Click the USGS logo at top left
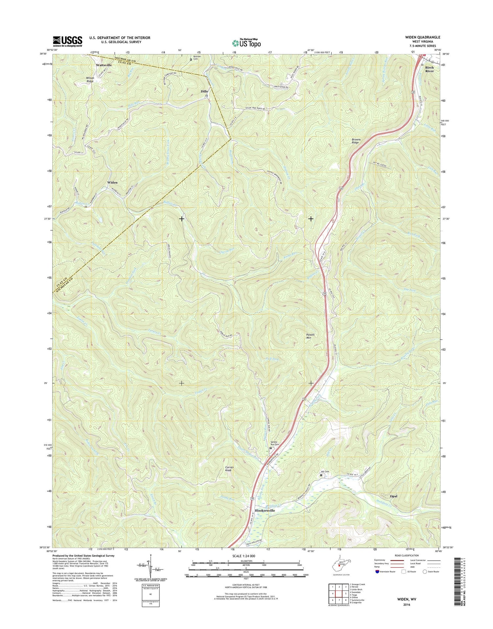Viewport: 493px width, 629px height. (68, 41)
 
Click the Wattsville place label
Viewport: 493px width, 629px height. (104, 65)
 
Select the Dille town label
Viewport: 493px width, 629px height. (204, 91)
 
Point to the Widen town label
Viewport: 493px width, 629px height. (112, 182)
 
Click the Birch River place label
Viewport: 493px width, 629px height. (429, 69)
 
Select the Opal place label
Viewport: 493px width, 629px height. (393, 496)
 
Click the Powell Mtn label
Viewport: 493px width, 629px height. (311, 336)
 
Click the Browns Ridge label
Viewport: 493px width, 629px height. (356, 141)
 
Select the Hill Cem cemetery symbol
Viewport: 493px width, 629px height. (321, 475)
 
